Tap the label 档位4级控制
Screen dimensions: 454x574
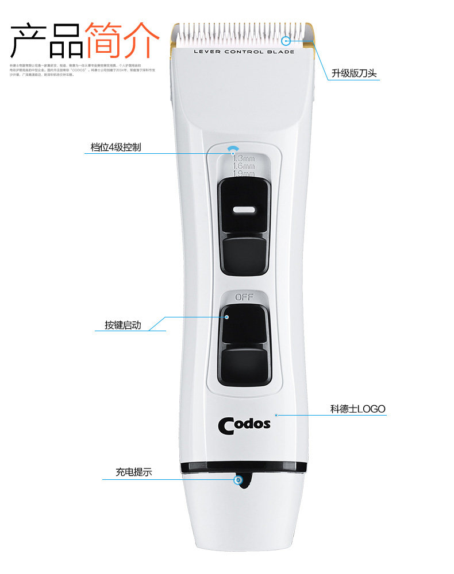pyautogui.click(x=116, y=148)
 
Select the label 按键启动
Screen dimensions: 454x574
pyautogui.click(x=122, y=325)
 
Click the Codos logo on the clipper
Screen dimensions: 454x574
pyautogui.click(x=244, y=425)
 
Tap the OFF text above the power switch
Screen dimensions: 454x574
pyautogui.click(x=244, y=297)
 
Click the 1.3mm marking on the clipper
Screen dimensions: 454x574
pyautogui.click(x=244, y=158)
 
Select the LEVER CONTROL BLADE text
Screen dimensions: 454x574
pyautogui.click(x=244, y=52)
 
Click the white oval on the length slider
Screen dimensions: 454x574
pyautogui.click(x=244, y=210)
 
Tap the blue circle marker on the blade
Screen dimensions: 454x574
pyautogui.click(x=286, y=40)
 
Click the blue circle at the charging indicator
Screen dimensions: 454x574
pyautogui.click(x=238, y=479)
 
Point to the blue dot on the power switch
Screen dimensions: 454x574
pyautogui.click(x=226, y=316)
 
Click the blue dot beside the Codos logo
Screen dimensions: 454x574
pyautogui.click(x=276, y=414)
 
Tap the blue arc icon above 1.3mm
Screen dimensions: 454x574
pyautogui.click(x=232, y=150)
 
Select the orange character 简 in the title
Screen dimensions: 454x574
pyautogui.click(x=104, y=40)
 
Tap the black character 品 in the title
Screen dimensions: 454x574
pyautogui.click(x=66, y=40)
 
